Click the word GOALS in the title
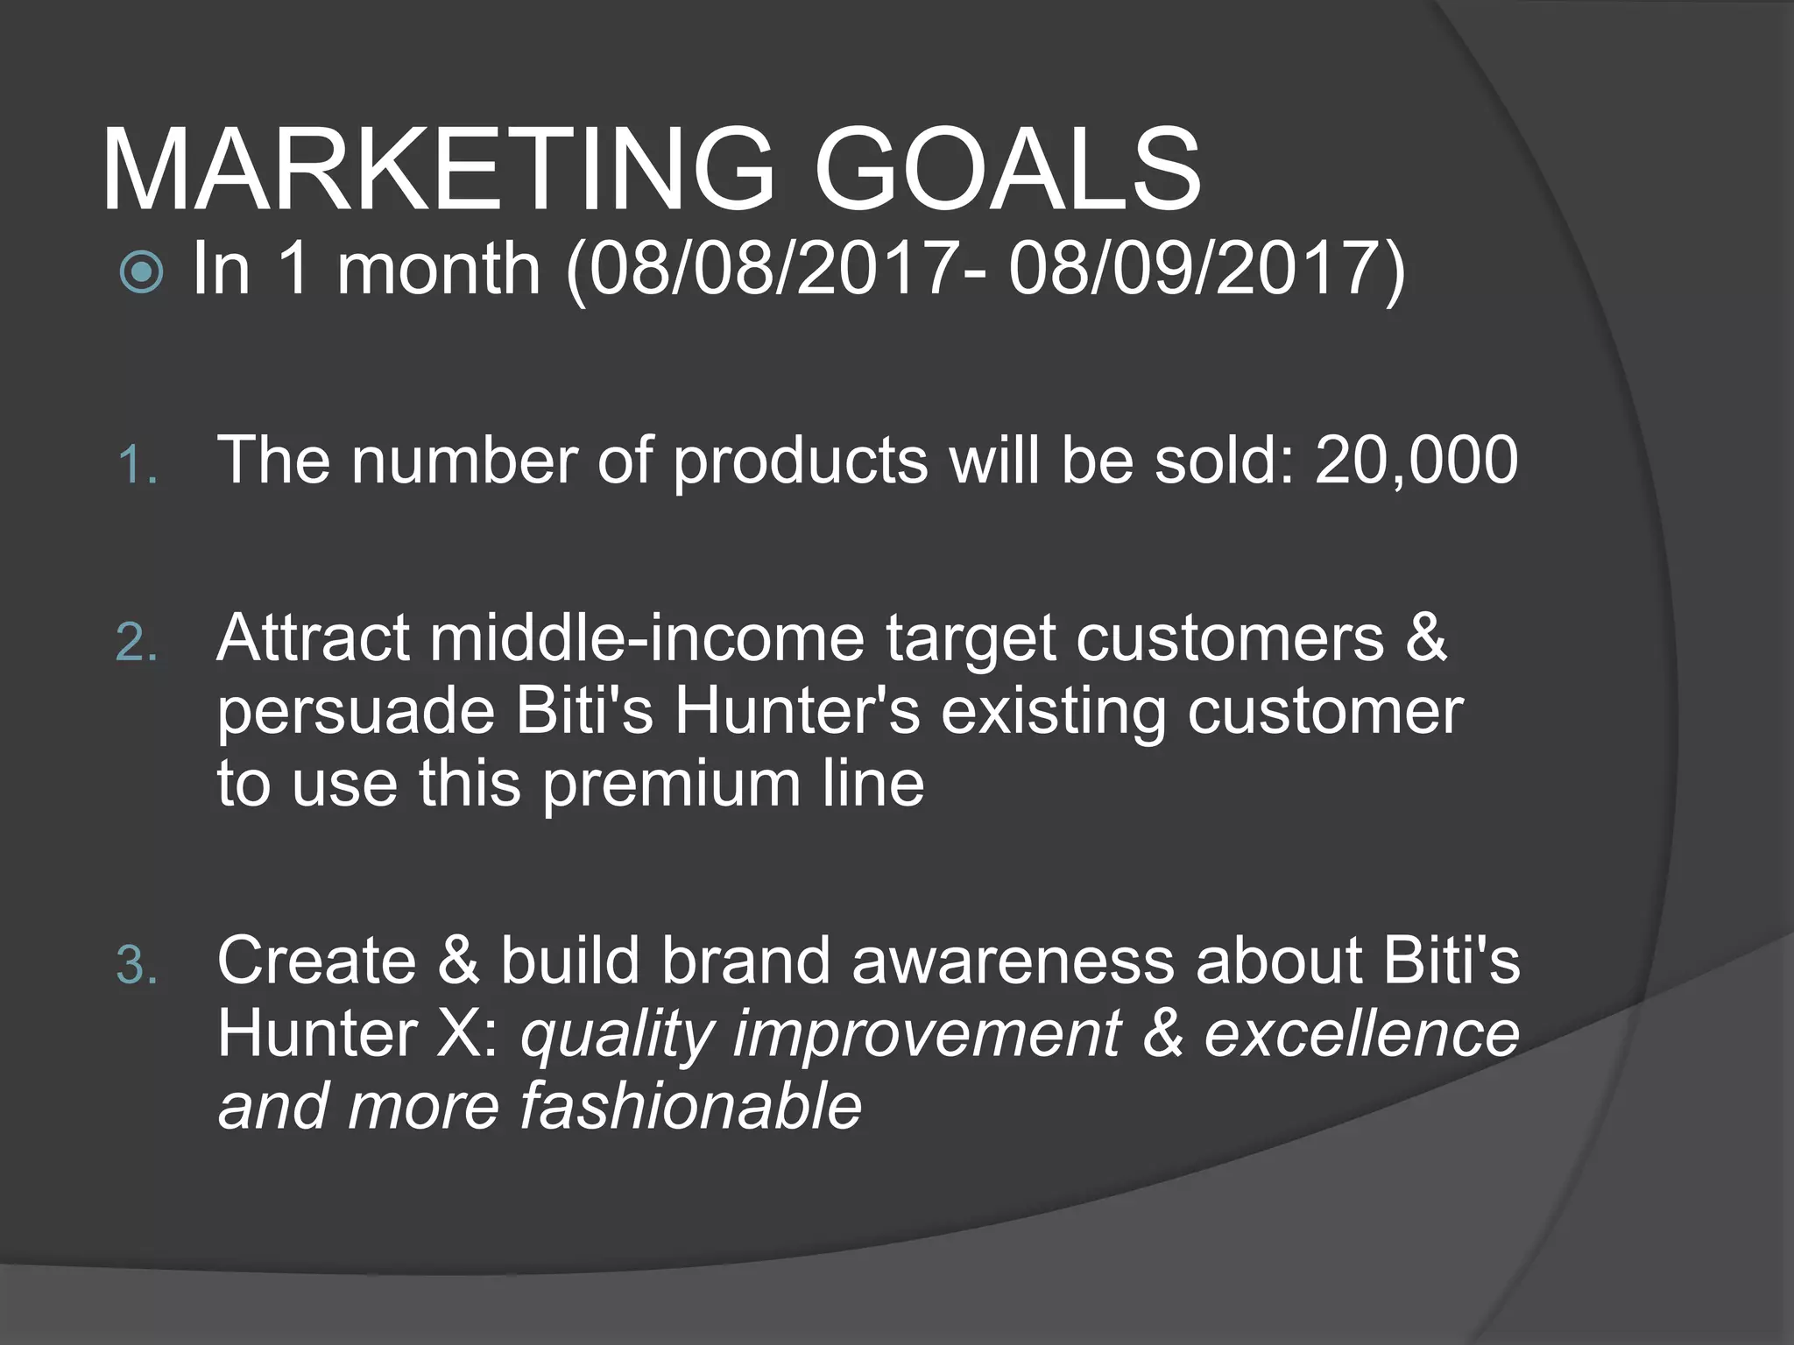1007,169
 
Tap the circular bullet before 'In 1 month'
141,271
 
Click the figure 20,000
1416,460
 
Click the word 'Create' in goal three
316,961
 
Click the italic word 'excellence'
1361,1033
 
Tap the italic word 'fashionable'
690,1106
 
